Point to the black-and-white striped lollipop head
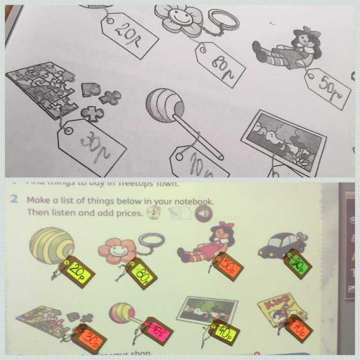point(163,104)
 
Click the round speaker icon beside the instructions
point(203,214)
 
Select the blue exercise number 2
point(15,200)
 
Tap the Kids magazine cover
point(278,309)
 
